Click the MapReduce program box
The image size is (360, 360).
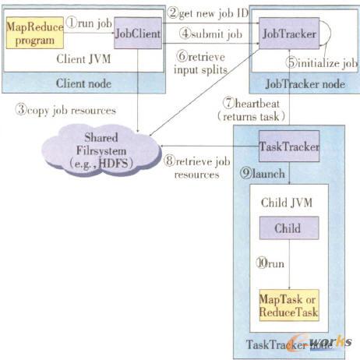click(x=34, y=33)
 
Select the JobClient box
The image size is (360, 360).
click(x=137, y=34)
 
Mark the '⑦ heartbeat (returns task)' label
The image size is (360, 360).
click(x=248, y=108)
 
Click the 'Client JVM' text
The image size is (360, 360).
click(x=80, y=59)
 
